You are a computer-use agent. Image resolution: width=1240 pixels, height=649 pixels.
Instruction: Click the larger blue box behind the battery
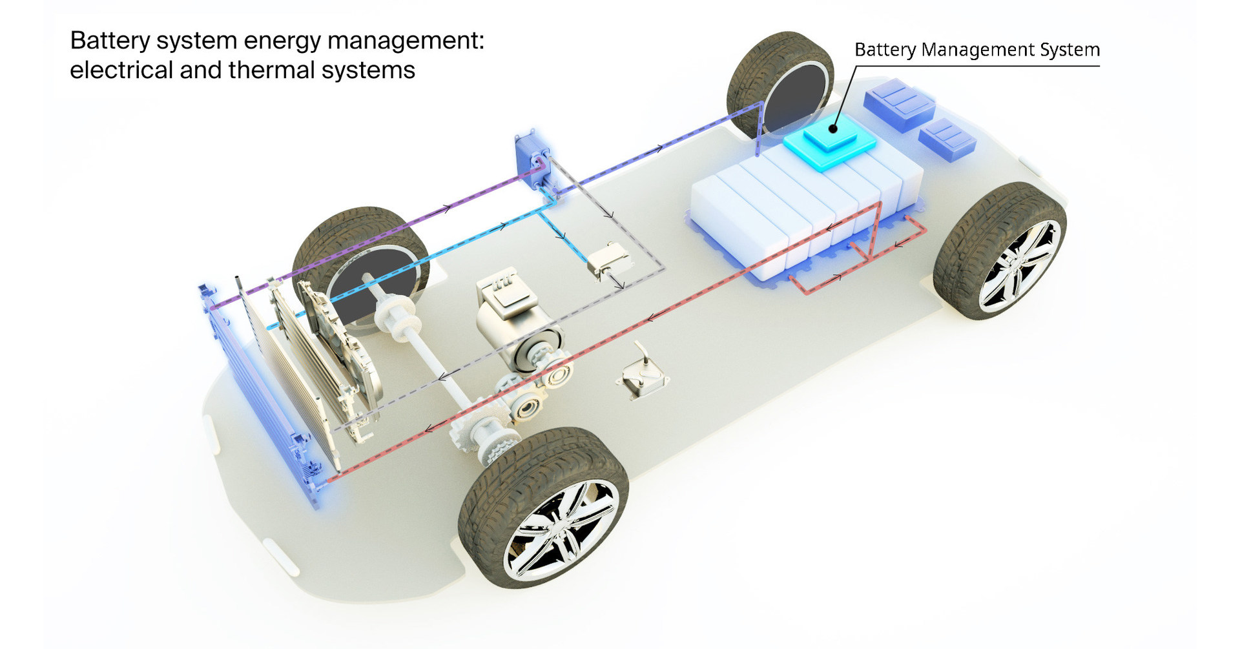click(899, 103)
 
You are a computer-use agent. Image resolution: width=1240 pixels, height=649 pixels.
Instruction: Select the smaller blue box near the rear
click(947, 139)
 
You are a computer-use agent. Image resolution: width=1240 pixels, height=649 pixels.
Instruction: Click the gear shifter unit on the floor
click(643, 378)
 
